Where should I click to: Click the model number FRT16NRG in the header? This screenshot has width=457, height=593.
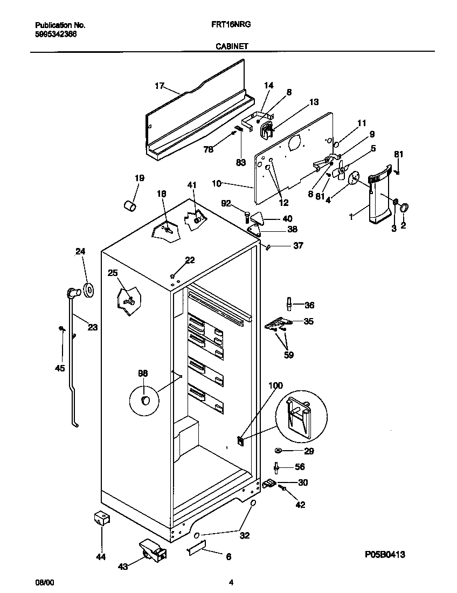point(233,25)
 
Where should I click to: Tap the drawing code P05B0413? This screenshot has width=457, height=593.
point(384,554)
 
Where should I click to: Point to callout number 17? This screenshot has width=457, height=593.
point(159,86)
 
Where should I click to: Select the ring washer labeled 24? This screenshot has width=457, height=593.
point(88,289)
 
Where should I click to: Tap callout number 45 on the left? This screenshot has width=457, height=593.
point(60,368)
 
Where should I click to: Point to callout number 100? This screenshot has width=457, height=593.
point(275,385)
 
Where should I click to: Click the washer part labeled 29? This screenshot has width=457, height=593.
point(278,450)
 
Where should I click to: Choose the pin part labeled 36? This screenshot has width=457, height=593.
point(290,305)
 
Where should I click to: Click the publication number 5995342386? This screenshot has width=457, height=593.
point(56,33)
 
